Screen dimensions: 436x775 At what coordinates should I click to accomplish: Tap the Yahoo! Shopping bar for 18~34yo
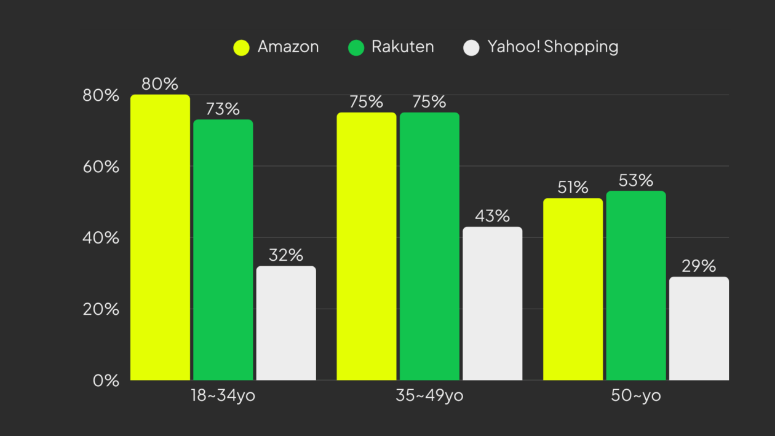click(x=286, y=323)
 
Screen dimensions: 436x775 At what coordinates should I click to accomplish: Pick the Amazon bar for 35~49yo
click(x=367, y=246)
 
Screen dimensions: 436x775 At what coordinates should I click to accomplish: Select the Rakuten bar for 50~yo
click(x=636, y=285)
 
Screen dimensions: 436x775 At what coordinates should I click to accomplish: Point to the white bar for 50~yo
click(x=699, y=328)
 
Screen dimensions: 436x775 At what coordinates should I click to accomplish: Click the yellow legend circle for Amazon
click(x=242, y=47)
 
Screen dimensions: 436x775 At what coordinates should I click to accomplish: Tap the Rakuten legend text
click(x=403, y=47)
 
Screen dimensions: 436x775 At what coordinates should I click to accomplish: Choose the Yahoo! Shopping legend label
click(x=553, y=47)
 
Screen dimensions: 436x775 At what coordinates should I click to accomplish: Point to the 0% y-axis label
click(x=106, y=381)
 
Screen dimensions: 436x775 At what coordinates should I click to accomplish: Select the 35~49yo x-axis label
click(x=429, y=395)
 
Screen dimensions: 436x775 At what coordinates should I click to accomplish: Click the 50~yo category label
click(x=636, y=395)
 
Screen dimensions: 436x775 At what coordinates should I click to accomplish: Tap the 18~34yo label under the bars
click(x=223, y=395)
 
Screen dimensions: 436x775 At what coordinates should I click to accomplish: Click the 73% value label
click(x=223, y=109)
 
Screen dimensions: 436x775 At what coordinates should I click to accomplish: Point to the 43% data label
click(x=492, y=216)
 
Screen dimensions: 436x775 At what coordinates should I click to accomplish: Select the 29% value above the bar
click(x=699, y=266)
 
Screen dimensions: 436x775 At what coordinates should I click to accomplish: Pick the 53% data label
click(x=636, y=181)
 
